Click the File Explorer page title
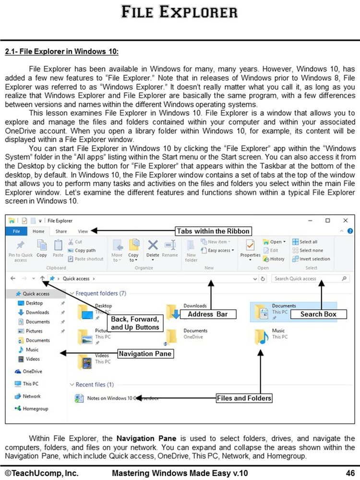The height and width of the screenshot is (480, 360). [180, 11]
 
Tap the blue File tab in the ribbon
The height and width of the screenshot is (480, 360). [16, 231]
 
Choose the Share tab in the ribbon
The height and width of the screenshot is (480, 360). [61, 231]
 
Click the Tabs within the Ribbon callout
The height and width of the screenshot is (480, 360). [213, 231]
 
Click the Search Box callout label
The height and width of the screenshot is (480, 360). [318, 314]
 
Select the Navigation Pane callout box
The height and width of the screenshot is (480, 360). [145, 354]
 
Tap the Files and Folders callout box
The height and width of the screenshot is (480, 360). [244, 398]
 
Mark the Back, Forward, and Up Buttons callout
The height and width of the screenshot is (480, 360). [134, 323]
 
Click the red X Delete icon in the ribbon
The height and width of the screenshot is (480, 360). [153, 245]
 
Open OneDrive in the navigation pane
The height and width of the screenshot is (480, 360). [32, 371]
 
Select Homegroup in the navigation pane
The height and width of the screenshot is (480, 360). [35, 408]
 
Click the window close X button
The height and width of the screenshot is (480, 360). [345, 220]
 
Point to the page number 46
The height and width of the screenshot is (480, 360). [349, 473]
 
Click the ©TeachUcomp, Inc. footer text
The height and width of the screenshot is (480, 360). [42, 473]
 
